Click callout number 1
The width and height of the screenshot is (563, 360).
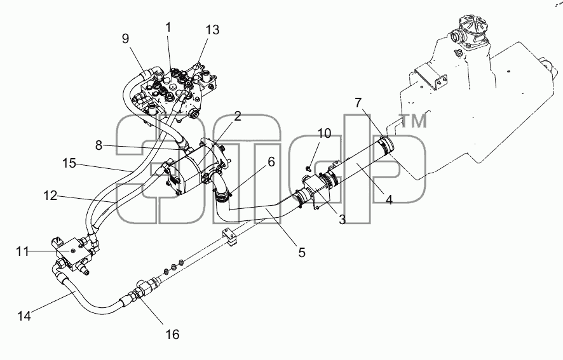[x=168, y=28]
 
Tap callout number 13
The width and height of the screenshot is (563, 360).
[x=213, y=30]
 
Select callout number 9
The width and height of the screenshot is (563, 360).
[x=125, y=38]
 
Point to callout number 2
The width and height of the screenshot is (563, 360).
[x=237, y=116]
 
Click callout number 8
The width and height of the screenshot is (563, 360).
[x=98, y=146]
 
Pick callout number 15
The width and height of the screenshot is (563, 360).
[x=69, y=164]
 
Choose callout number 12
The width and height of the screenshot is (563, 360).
[x=50, y=196]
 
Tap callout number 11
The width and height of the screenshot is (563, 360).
[x=22, y=251]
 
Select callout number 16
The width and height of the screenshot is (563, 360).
[x=172, y=335]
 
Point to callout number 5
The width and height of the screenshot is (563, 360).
[x=302, y=253]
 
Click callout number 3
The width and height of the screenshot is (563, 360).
[x=342, y=219]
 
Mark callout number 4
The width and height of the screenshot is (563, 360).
[x=390, y=199]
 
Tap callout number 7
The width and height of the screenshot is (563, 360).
[x=358, y=103]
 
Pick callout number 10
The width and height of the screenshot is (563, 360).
[x=324, y=133]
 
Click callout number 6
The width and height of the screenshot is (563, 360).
[x=271, y=163]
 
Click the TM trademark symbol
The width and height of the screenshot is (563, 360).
[x=414, y=121]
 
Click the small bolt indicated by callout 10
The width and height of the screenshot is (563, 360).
[x=308, y=168]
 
